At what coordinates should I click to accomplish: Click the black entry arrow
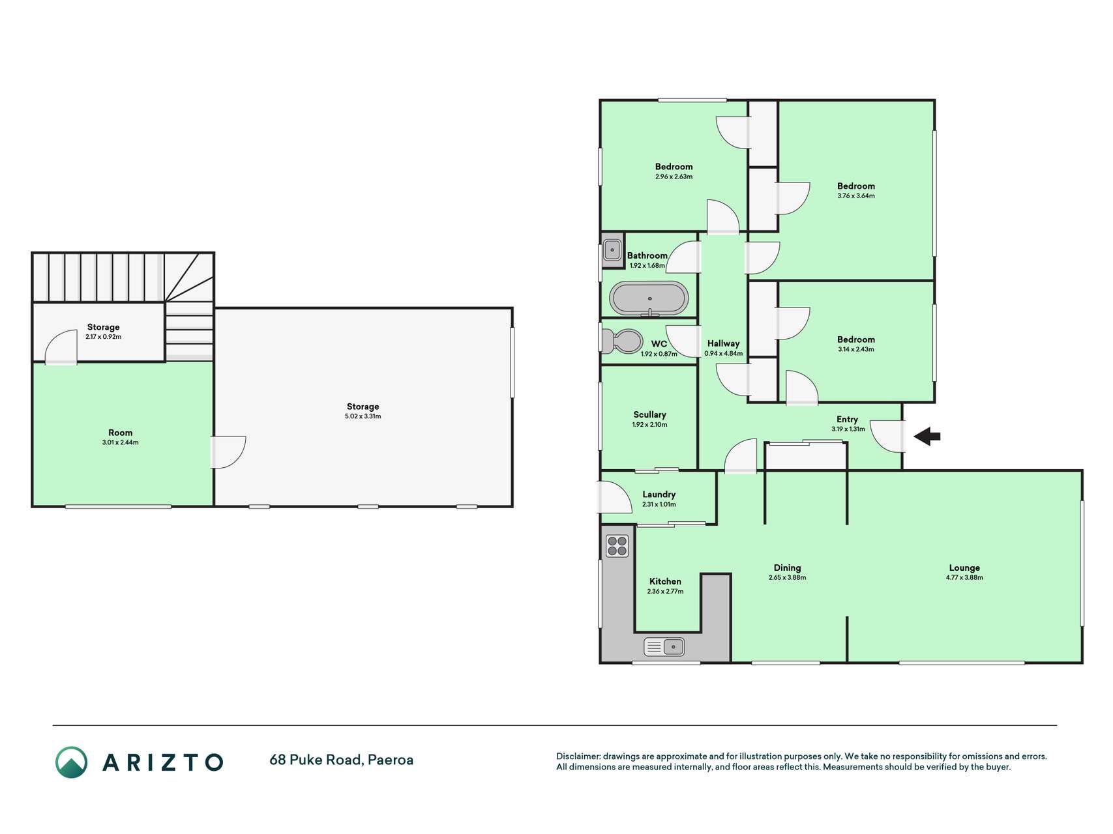pyautogui.click(x=927, y=437)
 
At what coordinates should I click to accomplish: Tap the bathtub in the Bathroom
pyautogui.click(x=649, y=299)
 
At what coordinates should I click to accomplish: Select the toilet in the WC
pyautogui.click(x=621, y=341)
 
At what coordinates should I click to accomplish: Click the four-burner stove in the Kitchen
pyautogui.click(x=617, y=546)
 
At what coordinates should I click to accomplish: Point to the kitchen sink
pyautogui.click(x=664, y=646)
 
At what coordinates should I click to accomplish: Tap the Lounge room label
pyautogui.click(x=964, y=568)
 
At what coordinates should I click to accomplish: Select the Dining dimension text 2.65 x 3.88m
pyautogui.click(x=787, y=577)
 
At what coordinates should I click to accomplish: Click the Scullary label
pyautogui.click(x=649, y=414)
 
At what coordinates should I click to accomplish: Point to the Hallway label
pyautogui.click(x=723, y=343)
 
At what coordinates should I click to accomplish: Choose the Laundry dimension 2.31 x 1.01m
pyautogui.click(x=659, y=504)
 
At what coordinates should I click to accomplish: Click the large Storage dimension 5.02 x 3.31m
pyautogui.click(x=363, y=416)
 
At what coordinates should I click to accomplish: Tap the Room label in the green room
pyautogui.click(x=120, y=433)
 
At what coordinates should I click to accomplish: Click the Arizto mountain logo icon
pyautogui.click(x=71, y=762)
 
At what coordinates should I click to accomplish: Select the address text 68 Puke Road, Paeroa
pyautogui.click(x=341, y=760)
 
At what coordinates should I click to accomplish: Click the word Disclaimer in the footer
pyautogui.click(x=578, y=756)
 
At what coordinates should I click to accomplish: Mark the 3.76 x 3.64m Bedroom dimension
pyautogui.click(x=856, y=195)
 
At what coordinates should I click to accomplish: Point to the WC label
pyautogui.click(x=659, y=344)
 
